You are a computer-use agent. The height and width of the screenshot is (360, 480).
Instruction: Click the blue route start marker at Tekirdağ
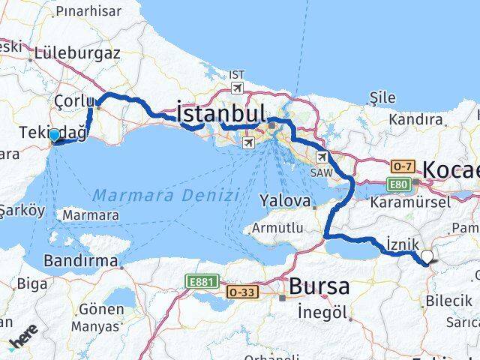(54, 136)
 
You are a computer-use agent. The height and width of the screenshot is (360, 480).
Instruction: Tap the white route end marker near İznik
(427, 257)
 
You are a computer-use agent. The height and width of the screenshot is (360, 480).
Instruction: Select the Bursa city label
(319, 286)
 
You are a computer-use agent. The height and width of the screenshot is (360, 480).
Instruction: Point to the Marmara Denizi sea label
(166, 195)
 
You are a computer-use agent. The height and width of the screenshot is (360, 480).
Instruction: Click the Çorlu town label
(75, 101)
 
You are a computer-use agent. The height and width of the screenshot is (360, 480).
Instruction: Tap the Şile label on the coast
(382, 98)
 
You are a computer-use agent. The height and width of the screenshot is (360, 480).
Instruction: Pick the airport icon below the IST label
(237, 88)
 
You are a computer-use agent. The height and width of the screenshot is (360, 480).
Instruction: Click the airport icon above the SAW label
(322, 157)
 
